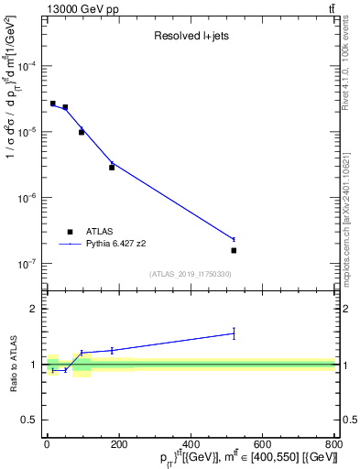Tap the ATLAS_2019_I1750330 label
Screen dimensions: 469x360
[190, 274]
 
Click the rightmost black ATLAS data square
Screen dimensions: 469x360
[234, 250]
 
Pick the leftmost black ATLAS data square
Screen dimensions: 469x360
[53, 104]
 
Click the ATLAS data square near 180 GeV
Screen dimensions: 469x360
[112, 168]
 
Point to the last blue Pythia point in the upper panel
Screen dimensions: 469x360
[234, 240]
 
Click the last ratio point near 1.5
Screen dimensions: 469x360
[234, 333]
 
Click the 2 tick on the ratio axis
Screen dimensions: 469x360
[35, 309]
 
